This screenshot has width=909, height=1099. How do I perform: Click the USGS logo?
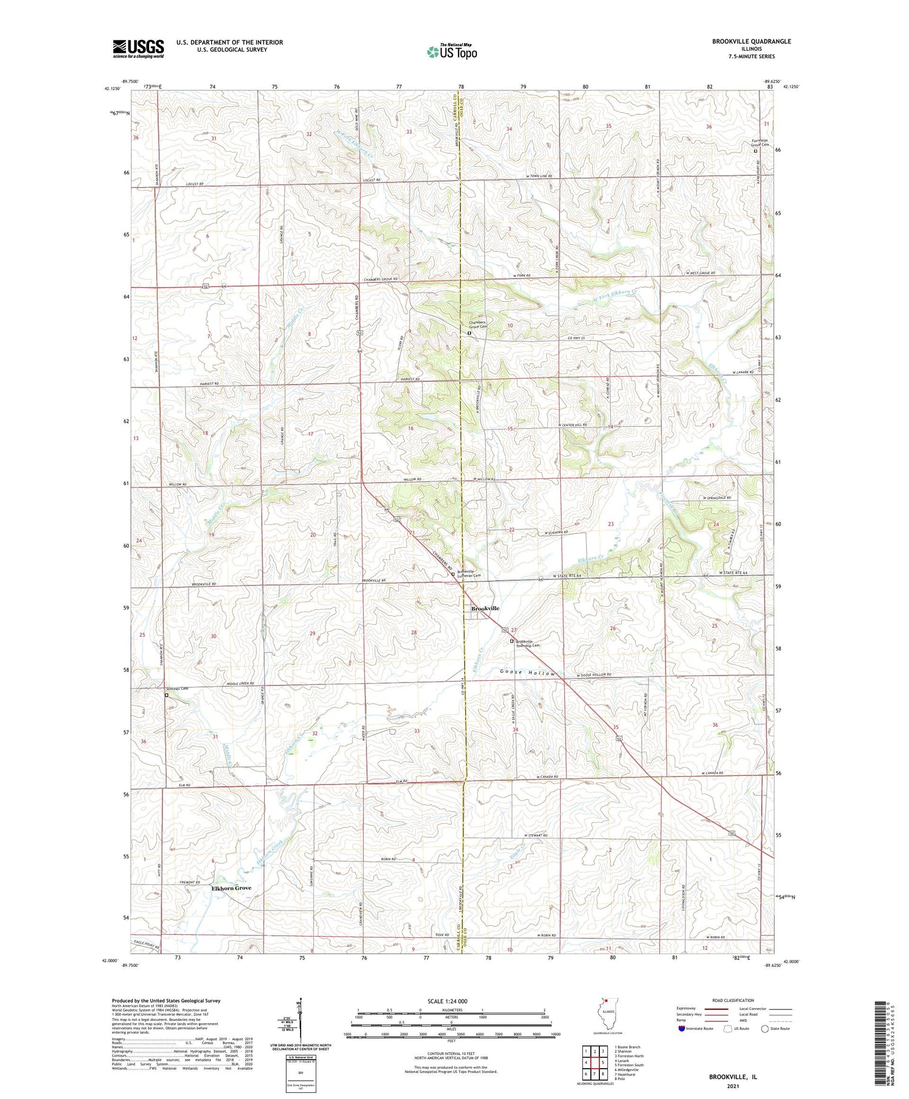138,48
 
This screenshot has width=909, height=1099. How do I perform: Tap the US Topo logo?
451,52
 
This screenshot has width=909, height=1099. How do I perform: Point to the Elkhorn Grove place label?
231,888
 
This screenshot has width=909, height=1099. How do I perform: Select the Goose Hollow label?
527,673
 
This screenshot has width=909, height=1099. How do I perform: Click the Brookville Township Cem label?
528,643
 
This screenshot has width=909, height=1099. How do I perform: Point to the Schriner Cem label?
178,689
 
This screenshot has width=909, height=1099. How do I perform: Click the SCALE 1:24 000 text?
451,1001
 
